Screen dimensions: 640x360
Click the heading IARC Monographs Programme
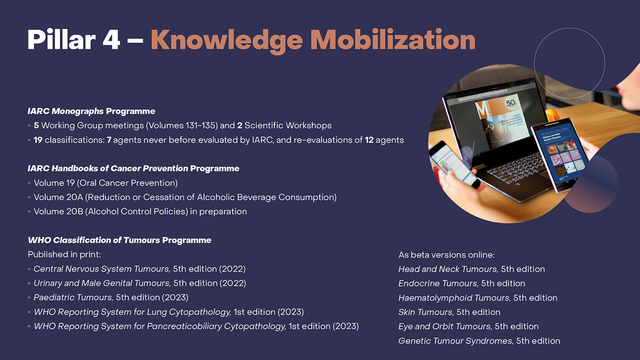coord(91,111)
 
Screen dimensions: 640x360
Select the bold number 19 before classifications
coord(38,140)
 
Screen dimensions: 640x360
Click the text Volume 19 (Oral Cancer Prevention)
coord(106,183)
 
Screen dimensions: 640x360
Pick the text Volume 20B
coord(58,212)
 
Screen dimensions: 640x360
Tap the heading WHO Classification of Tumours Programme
coord(119,240)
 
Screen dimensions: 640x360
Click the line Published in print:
coord(64,254)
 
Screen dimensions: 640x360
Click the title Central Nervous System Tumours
coord(102,269)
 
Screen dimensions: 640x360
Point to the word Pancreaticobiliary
coord(184,326)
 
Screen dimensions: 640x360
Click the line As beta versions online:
coord(447,255)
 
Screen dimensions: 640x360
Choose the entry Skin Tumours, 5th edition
coord(449,312)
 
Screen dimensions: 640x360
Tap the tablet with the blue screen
coord(560,154)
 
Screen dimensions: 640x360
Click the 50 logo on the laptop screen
coord(511,103)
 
